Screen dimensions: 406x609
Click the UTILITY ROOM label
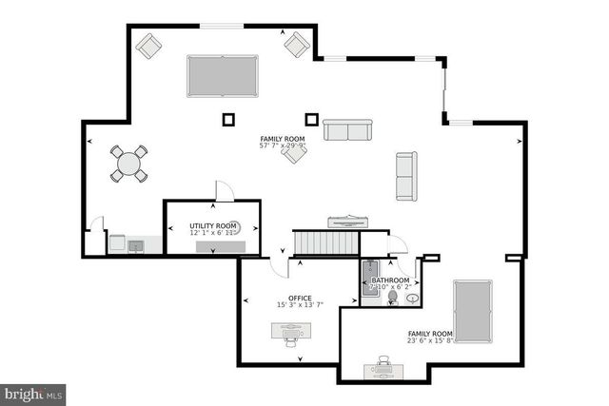pyautogui.click(x=212, y=225)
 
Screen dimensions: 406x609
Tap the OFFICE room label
pyautogui.click(x=300, y=299)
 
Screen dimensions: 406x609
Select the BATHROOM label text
pyautogui.click(x=390, y=280)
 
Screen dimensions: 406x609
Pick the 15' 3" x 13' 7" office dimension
pyautogui.click(x=300, y=306)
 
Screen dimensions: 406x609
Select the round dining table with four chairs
pyautogui.click(x=128, y=164)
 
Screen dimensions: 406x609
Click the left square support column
pyautogui.click(x=228, y=119)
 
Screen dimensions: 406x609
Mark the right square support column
pyautogui.click(x=310, y=119)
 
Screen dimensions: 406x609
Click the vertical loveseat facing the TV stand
pyautogui.click(x=406, y=176)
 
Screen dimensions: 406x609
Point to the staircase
pyautogui.click(x=324, y=242)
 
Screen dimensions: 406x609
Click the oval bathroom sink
pyautogui.click(x=414, y=298)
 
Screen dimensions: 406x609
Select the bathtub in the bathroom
pyautogui.click(x=369, y=279)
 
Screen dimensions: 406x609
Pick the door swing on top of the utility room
pyautogui.click(x=224, y=190)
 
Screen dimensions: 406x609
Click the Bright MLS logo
pyautogui.click(x=33, y=392)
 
